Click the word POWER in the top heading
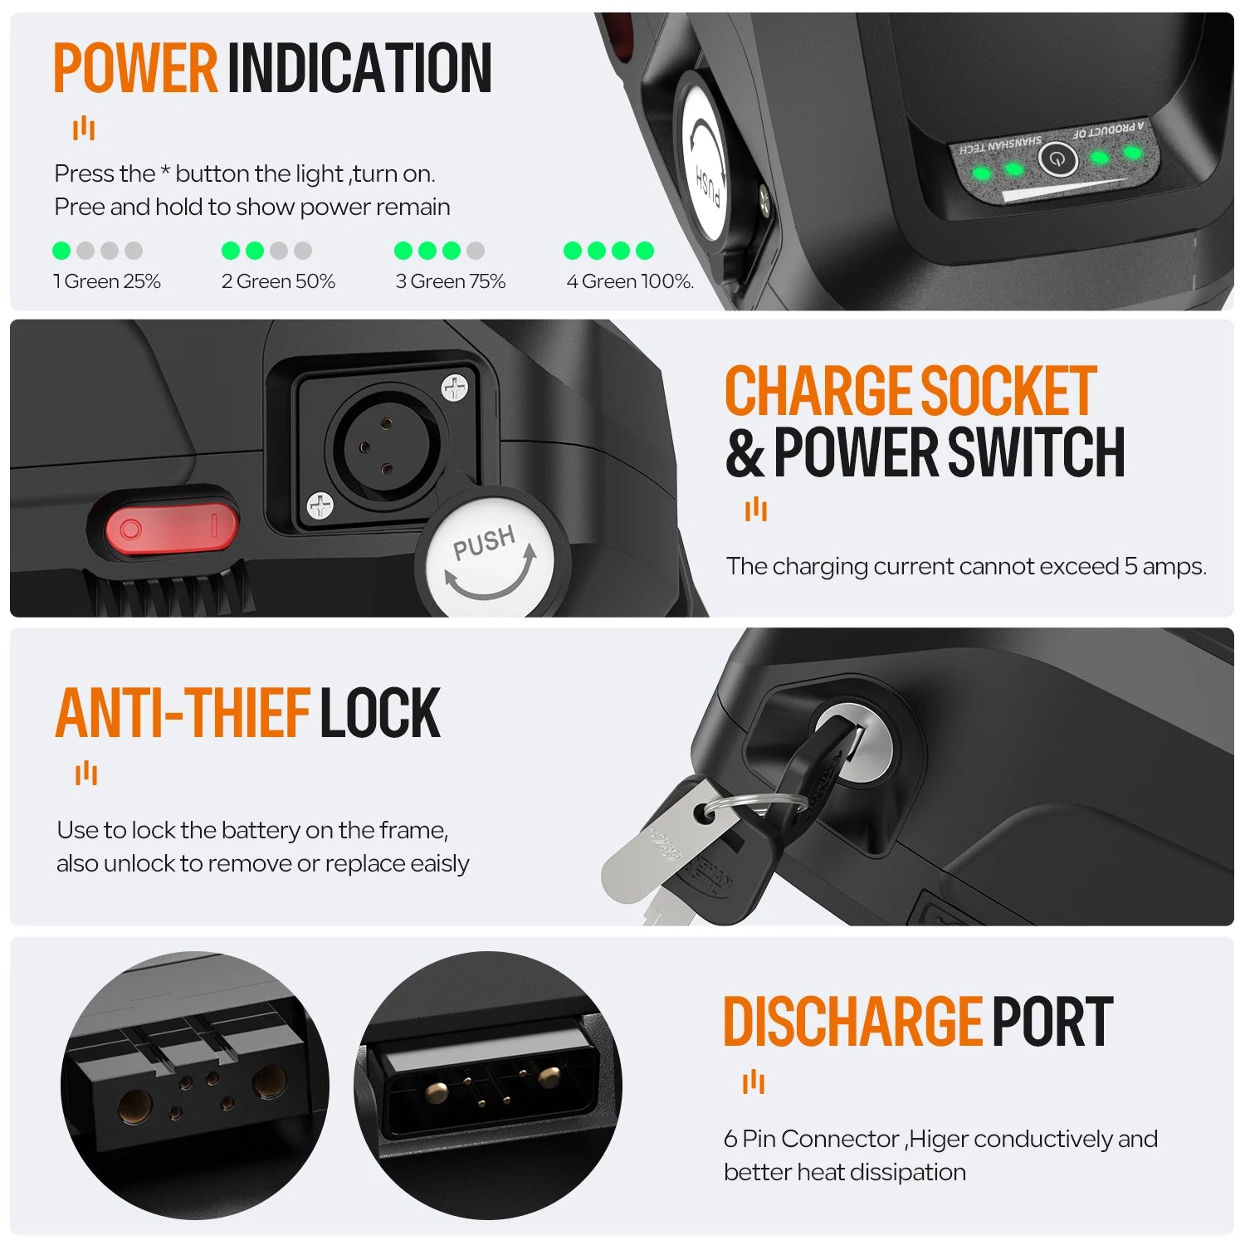pos(135,68)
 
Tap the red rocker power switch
pos(172,528)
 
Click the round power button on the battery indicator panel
pos(1057,159)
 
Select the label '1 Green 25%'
pos(107,281)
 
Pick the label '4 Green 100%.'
pos(630,281)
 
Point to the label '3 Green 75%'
pos(451,281)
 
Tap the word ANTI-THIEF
pos(183,713)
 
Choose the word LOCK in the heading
pos(380,713)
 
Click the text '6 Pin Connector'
pos(812,1139)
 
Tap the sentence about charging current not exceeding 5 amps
pos(966,566)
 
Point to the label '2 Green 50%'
pos(278,281)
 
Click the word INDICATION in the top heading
pos(359,68)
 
